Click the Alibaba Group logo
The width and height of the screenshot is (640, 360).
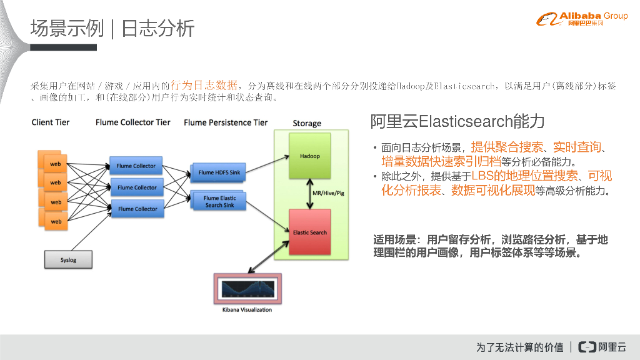pyautogui.click(x=581, y=19)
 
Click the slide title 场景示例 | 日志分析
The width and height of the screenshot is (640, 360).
pyautogui.click(x=112, y=28)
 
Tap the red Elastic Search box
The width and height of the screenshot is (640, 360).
pyautogui.click(x=310, y=232)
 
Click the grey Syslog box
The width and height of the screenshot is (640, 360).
pyautogui.click(x=68, y=259)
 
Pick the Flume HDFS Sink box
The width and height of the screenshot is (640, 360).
pyautogui.click(x=219, y=172)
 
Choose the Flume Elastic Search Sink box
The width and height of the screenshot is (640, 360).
pyautogui.click(x=220, y=201)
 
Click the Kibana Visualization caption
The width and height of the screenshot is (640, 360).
pyautogui.click(x=247, y=309)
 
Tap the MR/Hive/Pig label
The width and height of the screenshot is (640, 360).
pyautogui.click(x=328, y=193)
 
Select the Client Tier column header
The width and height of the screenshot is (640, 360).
pyautogui.click(x=51, y=122)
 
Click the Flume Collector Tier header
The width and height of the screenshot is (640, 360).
pyautogui.click(x=132, y=122)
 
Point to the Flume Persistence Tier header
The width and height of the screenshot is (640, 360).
pyautogui.click(x=226, y=122)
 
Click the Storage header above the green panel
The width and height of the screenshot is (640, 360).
pyautogui.click(x=307, y=123)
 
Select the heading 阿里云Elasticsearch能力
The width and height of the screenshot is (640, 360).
pyautogui.click(x=457, y=121)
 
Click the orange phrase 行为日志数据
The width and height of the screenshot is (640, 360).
pyautogui.click(x=204, y=85)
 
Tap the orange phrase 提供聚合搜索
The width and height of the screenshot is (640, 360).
pyautogui.click(x=507, y=147)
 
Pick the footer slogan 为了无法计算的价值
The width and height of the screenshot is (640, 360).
pyautogui.click(x=519, y=347)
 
